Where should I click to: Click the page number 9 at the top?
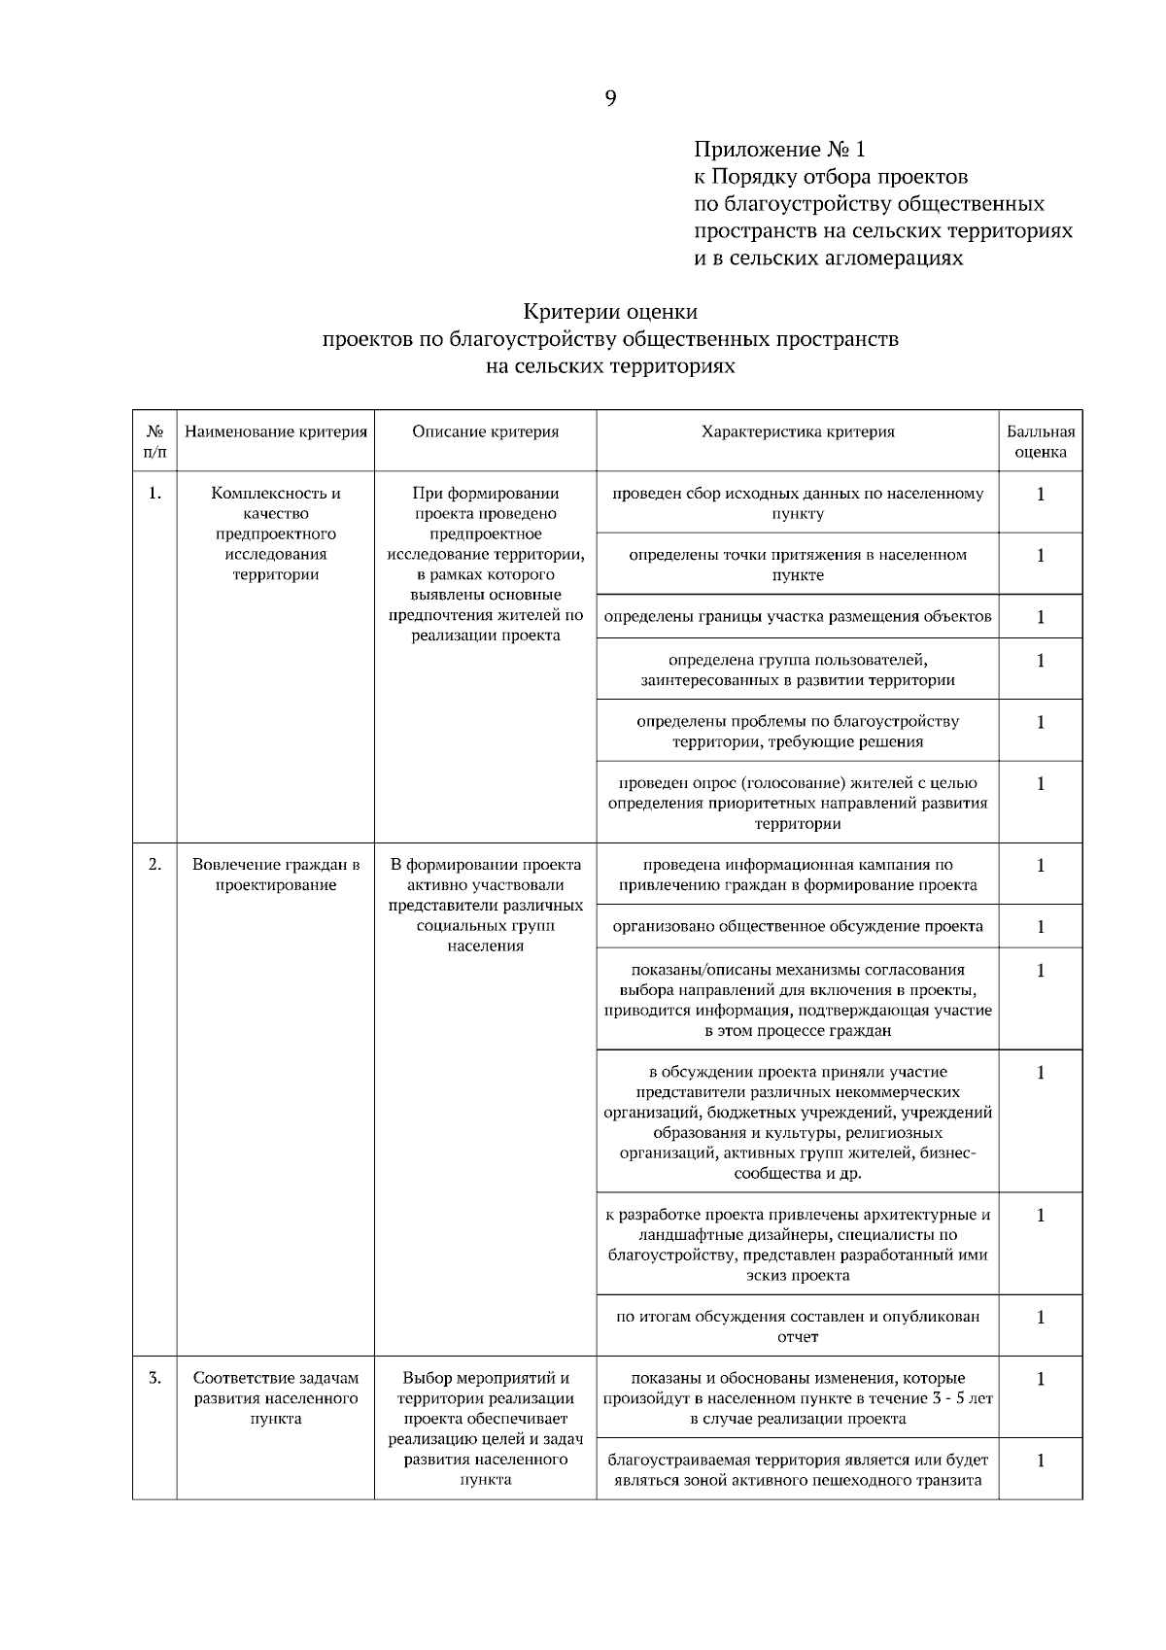[x=610, y=98]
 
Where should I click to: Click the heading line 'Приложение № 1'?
[x=778, y=150]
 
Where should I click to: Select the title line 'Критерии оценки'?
[x=610, y=312]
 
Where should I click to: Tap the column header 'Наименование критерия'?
[x=276, y=431]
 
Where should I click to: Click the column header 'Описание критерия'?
[x=485, y=431]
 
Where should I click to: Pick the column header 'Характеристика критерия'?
[x=798, y=431]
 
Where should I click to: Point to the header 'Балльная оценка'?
[x=1041, y=441]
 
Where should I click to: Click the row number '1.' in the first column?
[x=154, y=493]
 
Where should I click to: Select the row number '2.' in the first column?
[x=154, y=864]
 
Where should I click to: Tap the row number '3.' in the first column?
[x=154, y=1377]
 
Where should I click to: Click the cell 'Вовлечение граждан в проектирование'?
[x=276, y=875]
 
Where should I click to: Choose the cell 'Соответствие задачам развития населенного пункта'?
[x=276, y=1397]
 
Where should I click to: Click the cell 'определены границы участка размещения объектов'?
[x=798, y=616]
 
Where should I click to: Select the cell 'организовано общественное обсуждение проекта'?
[x=798, y=926]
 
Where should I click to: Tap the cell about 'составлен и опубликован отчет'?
[x=798, y=1326]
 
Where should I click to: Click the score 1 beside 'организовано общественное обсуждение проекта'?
[x=1041, y=926]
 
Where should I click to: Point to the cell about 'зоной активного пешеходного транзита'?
[x=798, y=1470]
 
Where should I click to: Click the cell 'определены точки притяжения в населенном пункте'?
[x=798, y=565]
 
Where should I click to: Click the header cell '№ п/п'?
[x=154, y=441]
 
